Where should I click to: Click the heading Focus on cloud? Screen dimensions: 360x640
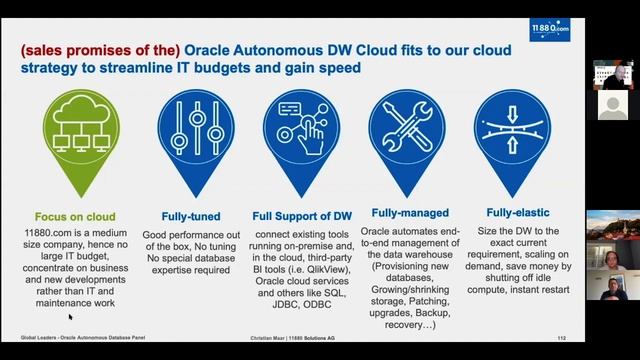click(x=75, y=216)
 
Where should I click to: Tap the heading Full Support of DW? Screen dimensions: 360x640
click(x=302, y=214)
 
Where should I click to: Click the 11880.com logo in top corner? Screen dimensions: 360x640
click(x=550, y=29)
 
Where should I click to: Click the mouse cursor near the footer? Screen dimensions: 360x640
click(x=70, y=318)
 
